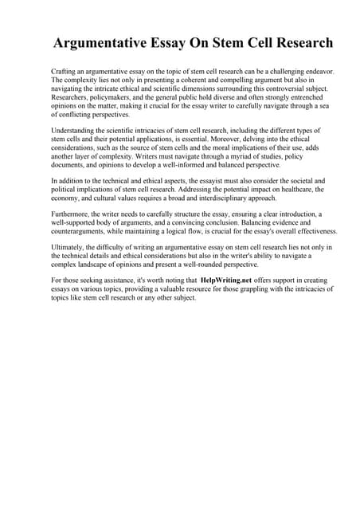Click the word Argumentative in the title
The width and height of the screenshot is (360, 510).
tap(97, 42)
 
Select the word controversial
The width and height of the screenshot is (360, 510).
tap(272, 90)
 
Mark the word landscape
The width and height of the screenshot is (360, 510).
tap(95, 265)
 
